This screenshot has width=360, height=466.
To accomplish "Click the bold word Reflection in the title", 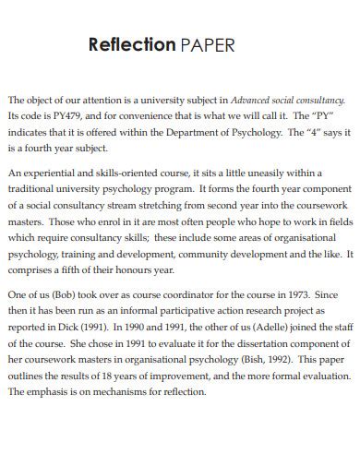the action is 131,44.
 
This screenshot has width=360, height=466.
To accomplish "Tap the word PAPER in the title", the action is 209,44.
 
